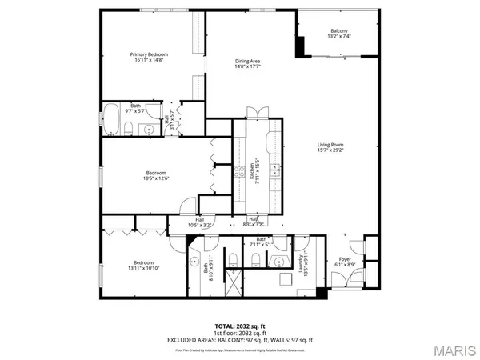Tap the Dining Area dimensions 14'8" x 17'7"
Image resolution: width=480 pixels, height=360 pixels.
(247, 67)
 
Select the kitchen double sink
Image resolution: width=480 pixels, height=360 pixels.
(274, 170)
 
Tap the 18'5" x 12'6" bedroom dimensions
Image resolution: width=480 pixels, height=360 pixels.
(156, 179)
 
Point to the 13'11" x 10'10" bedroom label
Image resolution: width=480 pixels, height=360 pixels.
(143, 263)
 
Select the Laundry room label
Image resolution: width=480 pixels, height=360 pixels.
(303, 261)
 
